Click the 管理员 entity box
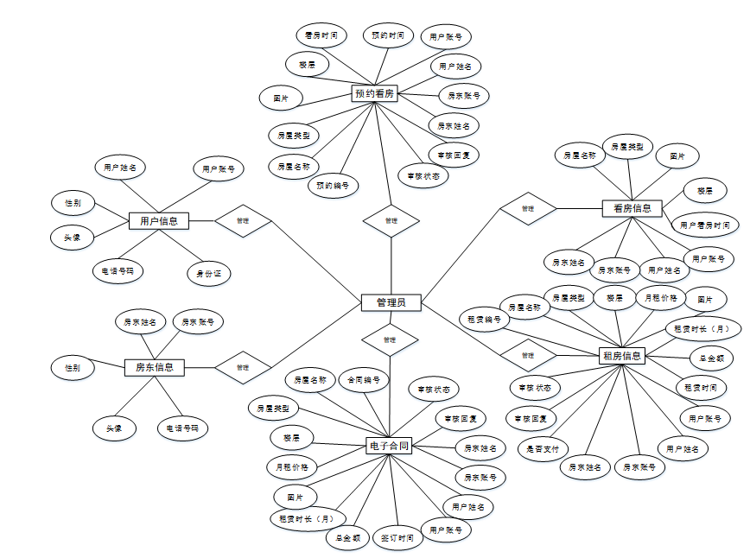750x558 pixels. (x=391, y=302)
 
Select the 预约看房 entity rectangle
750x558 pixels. (x=375, y=93)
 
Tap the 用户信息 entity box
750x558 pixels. (x=159, y=221)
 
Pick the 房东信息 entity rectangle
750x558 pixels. (x=155, y=367)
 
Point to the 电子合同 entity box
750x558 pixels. (x=388, y=447)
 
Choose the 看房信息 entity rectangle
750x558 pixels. (x=632, y=208)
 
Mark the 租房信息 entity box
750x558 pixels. (x=620, y=355)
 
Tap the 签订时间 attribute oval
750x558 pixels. (x=397, y=538)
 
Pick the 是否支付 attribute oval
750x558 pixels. (x=543, y=448)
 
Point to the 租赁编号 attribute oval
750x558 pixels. (x=484, y=320)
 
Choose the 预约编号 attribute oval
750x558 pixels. (x=333, y=185)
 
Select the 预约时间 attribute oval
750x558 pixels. (x=388, y=35)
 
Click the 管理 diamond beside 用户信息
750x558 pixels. (x=243, y=221)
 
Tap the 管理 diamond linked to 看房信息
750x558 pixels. (x=527, y=208)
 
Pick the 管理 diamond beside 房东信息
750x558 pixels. (x=243, y=367)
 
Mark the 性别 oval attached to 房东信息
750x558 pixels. (x=73, y=367)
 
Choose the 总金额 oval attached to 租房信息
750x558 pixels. (x=711, y=357)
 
